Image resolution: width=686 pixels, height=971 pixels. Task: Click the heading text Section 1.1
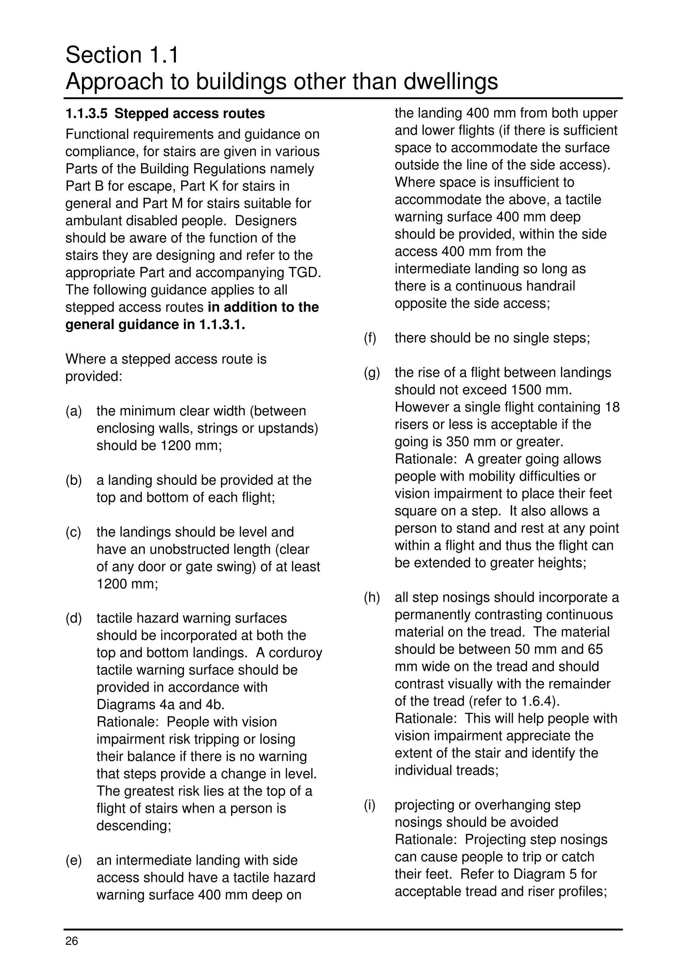[122, 55]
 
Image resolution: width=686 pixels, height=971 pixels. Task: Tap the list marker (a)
[74, 411]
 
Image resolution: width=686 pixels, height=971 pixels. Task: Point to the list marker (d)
[74, 618]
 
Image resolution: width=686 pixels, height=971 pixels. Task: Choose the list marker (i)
[370, 805]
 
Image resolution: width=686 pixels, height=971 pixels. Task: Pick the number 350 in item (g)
[458, 442]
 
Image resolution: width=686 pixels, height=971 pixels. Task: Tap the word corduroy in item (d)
[295, 653]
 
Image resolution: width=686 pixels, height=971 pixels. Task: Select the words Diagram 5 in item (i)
[549, 874]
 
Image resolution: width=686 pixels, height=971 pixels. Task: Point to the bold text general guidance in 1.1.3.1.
[155, 325]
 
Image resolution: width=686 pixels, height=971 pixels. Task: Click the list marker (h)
[371, 597]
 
